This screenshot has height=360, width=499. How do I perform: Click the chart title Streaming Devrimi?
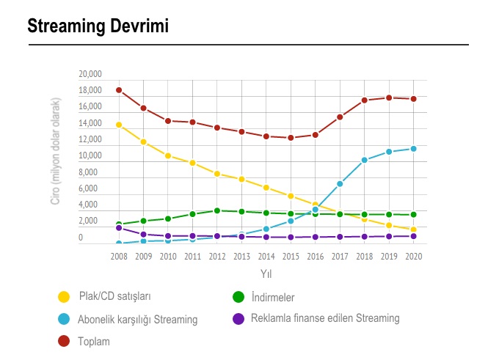pos(98,26)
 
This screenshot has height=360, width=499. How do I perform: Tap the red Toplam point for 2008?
pos(119,90)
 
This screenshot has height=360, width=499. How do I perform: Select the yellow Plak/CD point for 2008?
pos(119,125)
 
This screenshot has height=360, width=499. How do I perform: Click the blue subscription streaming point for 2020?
pos(414,149)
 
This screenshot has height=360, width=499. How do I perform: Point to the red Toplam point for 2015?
pos(291,138)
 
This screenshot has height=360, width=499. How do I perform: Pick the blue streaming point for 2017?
pos(340,184)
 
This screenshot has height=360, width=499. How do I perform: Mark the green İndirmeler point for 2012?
pos(217,210)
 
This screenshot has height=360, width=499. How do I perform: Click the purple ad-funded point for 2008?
pos(119,228)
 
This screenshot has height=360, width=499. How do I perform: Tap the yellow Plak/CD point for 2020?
pos(414,229)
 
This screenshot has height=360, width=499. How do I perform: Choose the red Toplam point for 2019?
pos(389,98)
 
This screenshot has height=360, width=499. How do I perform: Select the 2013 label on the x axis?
pos(241,257)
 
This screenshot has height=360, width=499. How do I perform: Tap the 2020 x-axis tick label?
pos(414,257)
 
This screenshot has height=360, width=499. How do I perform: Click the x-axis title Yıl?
pos(266,273)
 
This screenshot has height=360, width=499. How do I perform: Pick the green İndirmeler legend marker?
pos(238,297)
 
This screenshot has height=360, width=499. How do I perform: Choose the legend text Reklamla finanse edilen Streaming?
pos(325,318)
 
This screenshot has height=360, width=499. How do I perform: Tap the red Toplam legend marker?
pos(64,341)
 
